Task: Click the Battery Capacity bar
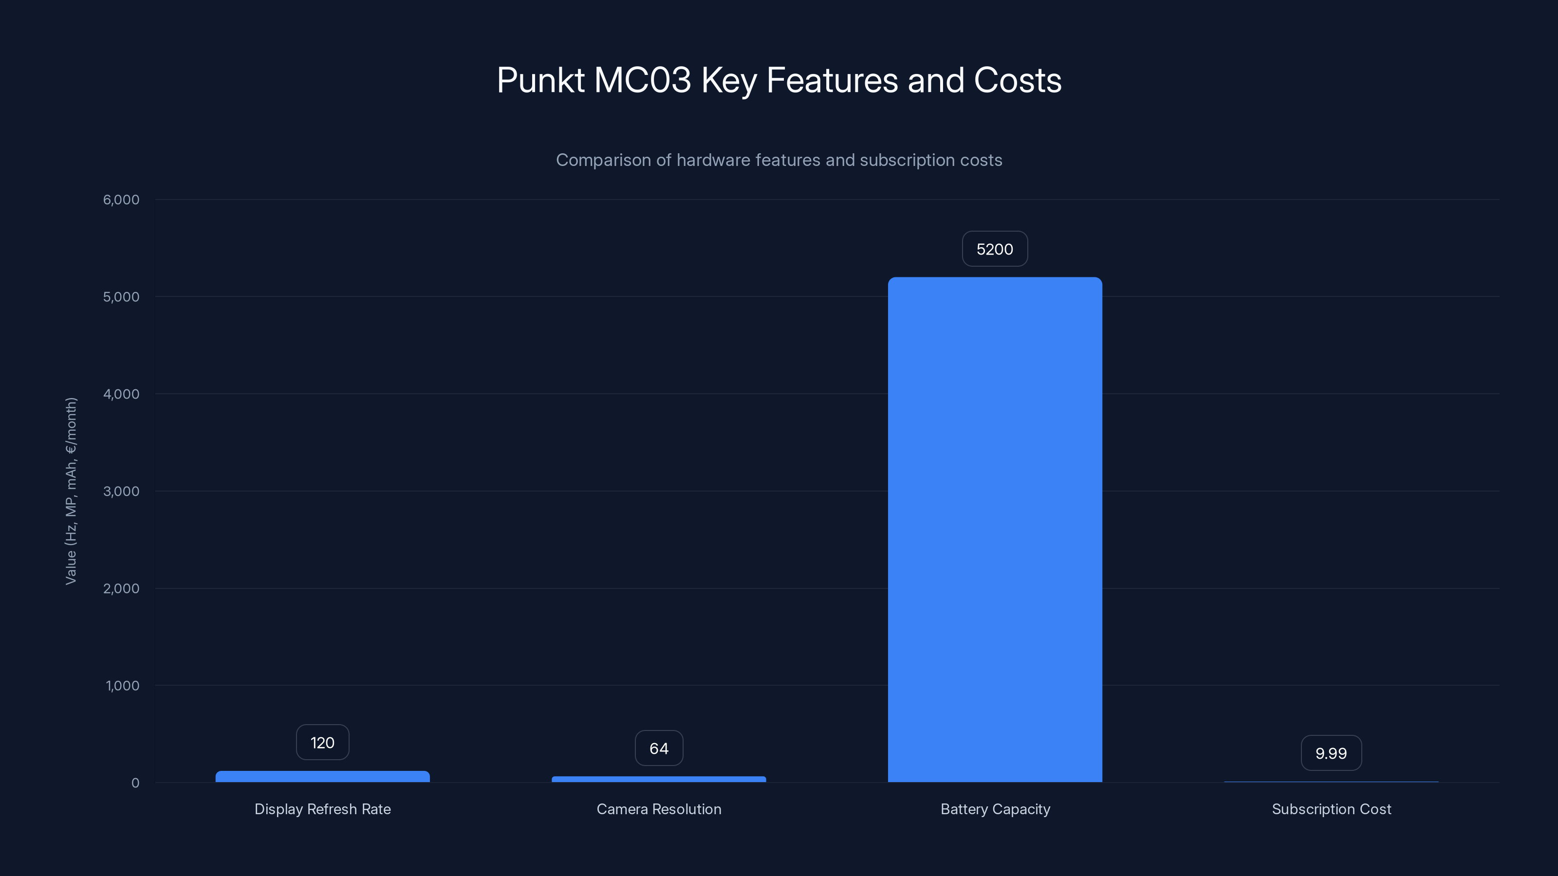(995, 529)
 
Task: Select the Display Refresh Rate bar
(322, 776)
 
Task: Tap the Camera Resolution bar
(659, 779)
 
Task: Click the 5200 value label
(995, 249)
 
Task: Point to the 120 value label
(322, 742)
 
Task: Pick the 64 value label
(659, 748)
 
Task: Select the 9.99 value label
(1331, 753)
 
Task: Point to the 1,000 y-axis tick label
(122, 686)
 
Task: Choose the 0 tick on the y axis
(135, 783)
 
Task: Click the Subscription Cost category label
(1331, 809)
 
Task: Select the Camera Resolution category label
(659, 809)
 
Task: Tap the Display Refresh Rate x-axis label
(322, 809)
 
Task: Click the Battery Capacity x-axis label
(995, 809)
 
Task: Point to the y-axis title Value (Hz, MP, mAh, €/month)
(71, 491)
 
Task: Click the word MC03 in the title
(642, 80)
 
